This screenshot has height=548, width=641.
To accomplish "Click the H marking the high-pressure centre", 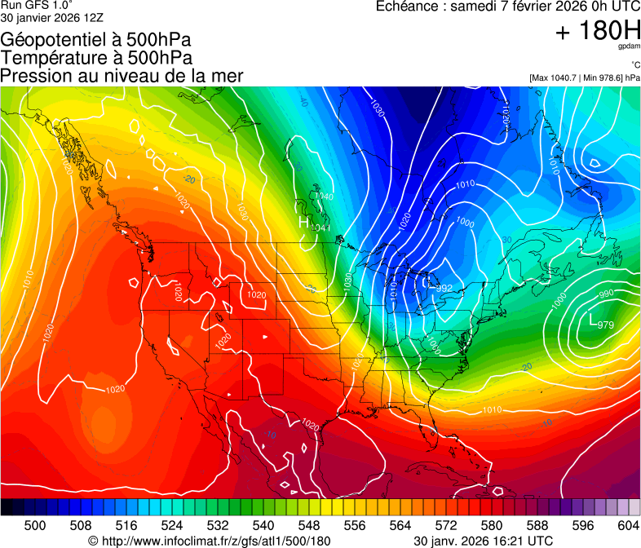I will point(303,222).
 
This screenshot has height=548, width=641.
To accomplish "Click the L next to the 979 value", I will point(590,321).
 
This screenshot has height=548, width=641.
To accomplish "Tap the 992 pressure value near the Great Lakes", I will point(444,289).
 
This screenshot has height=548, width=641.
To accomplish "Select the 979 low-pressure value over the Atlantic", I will point(605,325).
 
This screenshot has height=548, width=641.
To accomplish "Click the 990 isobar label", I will point(606,294).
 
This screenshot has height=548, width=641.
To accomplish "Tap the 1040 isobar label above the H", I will point(323,197).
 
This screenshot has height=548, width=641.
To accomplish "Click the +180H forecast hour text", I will point(597,32).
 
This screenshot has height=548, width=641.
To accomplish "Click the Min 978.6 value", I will point(604,77).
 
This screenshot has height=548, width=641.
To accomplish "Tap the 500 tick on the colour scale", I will point(35,524).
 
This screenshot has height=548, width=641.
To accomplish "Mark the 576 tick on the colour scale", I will point(445,524).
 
